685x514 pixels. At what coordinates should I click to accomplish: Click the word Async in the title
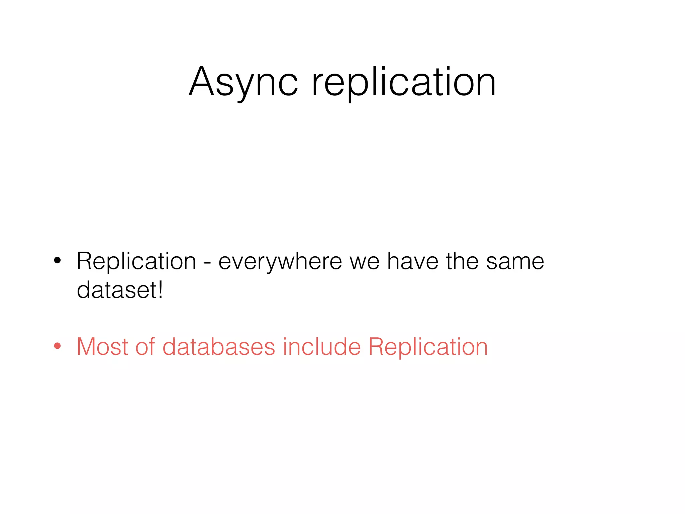point(243,82)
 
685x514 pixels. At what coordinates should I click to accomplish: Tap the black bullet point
point(58,261)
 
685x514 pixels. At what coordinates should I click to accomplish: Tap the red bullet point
point(58,346)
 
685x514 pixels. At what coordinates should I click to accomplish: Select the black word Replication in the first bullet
point(136,261)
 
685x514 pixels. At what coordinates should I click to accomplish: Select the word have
point(413,261)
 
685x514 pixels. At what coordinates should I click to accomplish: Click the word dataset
point(117,290)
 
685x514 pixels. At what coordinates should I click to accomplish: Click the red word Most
point(102,347)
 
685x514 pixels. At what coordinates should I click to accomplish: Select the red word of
point(145,347)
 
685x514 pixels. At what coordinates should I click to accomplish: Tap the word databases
point(219,347)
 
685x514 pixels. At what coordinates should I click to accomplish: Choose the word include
point(322,347)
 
